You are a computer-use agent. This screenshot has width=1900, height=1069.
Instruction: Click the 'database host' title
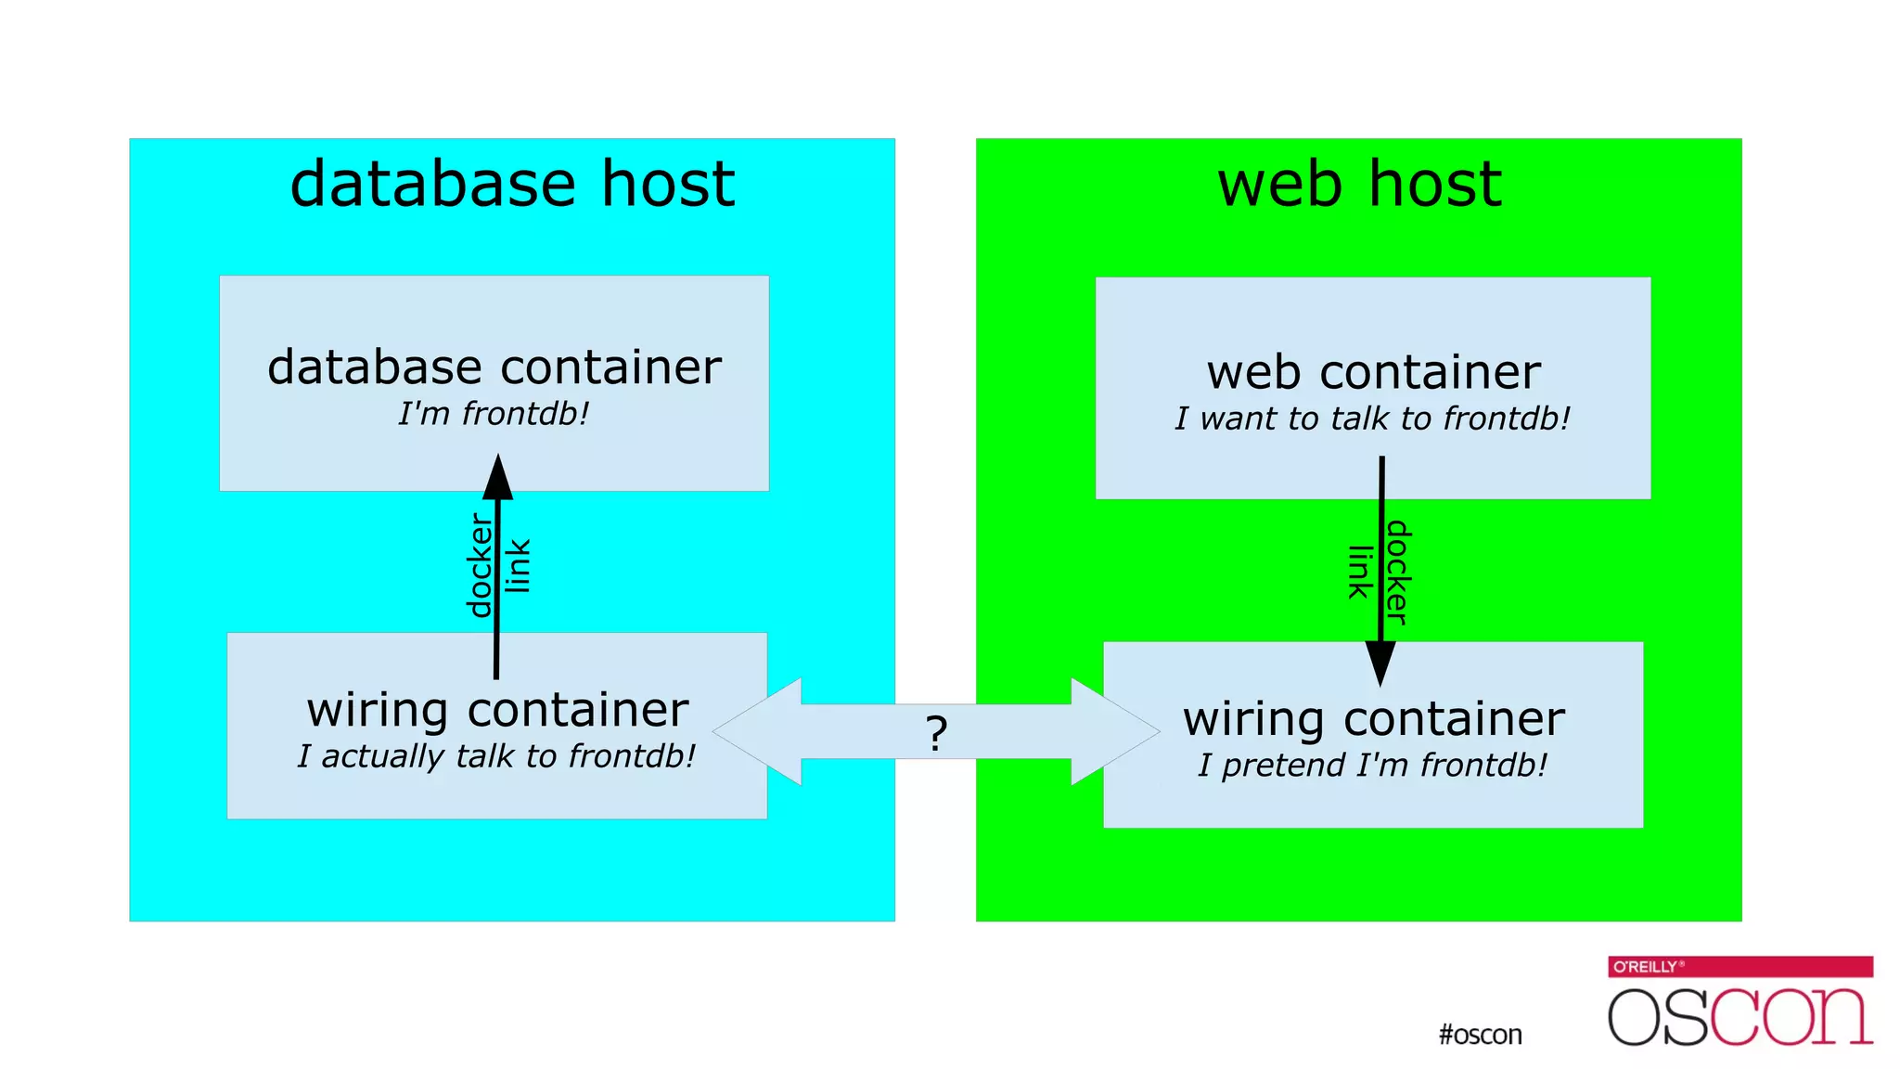pos(512,184)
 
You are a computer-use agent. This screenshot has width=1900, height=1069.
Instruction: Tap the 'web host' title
pos(1359,184)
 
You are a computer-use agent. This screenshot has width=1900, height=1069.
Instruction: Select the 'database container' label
pos(494,367)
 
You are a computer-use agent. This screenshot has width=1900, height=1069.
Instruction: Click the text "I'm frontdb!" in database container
pos(494,414)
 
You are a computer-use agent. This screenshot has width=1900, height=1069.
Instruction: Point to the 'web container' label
pos(1373,373)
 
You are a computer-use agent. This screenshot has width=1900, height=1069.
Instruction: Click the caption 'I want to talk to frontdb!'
pos(1373,419)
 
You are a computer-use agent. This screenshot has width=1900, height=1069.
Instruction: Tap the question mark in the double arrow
pos(937,734)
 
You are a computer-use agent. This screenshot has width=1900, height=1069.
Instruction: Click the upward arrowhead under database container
pos(498,477)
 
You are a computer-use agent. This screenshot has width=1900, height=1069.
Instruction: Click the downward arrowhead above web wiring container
pos(1380,663)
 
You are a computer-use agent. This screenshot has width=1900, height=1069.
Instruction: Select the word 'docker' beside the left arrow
pos(480,565)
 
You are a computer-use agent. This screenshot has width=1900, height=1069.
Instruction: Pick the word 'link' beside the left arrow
pos(518,565)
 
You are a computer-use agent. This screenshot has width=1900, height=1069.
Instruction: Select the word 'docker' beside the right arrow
pos(1397,573)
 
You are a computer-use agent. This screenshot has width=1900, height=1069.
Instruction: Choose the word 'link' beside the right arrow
pos(1359,573)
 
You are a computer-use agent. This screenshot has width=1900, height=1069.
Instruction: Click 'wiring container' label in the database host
pos(497,711)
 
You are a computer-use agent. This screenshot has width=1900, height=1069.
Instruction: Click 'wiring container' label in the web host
pos(1373,720)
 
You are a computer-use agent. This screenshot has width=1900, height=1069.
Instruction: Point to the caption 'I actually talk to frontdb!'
pos(497,757)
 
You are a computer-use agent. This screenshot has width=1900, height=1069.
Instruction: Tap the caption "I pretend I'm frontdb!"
pos(1373,766)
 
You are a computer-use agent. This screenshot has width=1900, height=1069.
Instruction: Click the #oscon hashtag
pos(1480,1035)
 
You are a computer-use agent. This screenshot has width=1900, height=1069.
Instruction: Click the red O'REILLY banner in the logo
pos(1740,966)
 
